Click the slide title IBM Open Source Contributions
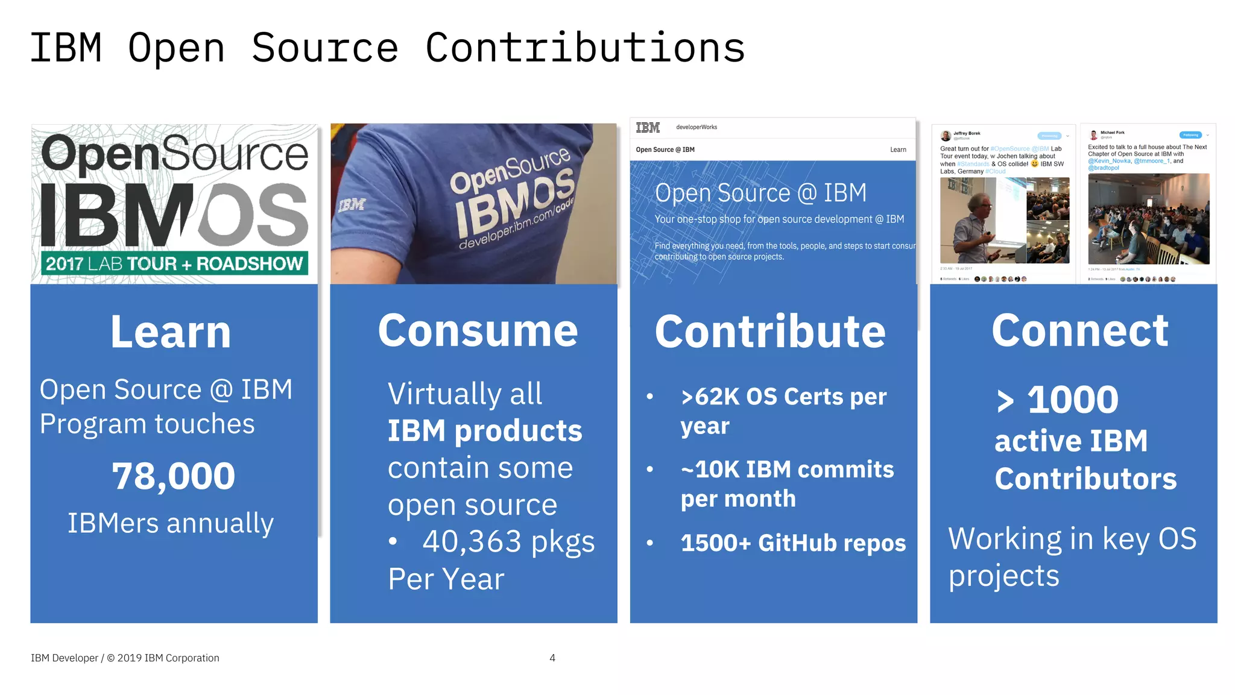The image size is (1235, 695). (x=387, y=48)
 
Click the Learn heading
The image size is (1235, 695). (x=171, y=332)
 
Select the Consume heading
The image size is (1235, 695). (x=478, y=331)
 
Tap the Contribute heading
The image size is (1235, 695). (x=770, y=332)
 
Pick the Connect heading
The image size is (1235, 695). (x=1080, y=331)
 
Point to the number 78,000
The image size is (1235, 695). (x=174, y=476)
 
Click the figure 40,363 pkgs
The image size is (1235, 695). (x=508, y=541)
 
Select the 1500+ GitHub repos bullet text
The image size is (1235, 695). (x=793, y=543)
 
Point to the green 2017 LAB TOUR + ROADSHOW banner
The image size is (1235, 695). (x=174, y=264)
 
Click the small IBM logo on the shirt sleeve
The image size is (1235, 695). (x=352, y=205)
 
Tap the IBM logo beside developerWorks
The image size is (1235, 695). (x=648, y=127)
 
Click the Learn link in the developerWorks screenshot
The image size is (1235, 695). (x=898, y=149)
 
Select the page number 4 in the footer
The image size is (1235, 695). (x=552, y=658)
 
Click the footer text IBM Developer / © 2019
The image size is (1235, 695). (x=125, y=658)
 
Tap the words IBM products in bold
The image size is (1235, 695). (x=485, y=431)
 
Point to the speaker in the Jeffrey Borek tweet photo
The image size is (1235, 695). (x=972, y=226)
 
